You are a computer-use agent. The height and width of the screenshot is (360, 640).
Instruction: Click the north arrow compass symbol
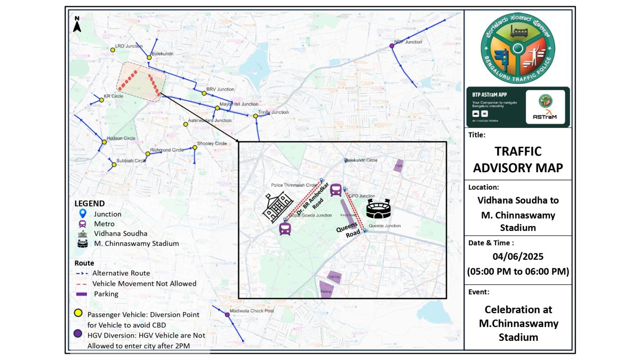tap(77, 25)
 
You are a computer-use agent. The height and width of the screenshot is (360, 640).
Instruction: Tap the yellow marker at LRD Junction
tap(113, 50)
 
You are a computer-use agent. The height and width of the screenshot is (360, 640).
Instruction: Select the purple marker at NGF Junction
tap(392, 46)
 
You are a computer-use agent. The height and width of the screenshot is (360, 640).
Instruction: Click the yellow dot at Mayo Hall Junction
tap(217, 108)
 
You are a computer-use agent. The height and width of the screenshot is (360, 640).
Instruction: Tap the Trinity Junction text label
tap(274, 113)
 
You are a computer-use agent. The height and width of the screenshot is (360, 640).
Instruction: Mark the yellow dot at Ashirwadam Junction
tap(186, 124)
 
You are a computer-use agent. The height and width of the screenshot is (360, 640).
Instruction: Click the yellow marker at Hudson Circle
tap(104, 142)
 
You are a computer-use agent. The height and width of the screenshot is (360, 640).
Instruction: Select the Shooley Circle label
tap(212, 143)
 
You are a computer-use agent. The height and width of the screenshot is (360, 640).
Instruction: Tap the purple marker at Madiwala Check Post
tap(227, 315)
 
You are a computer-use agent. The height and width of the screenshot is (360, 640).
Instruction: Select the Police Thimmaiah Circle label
tap(294, 185)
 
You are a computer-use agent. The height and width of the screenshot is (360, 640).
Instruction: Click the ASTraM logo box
tap(545, 107)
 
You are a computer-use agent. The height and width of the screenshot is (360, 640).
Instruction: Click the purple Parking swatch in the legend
tap(82, 294)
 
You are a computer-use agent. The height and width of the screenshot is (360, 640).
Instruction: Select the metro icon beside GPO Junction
tap(336, 190)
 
